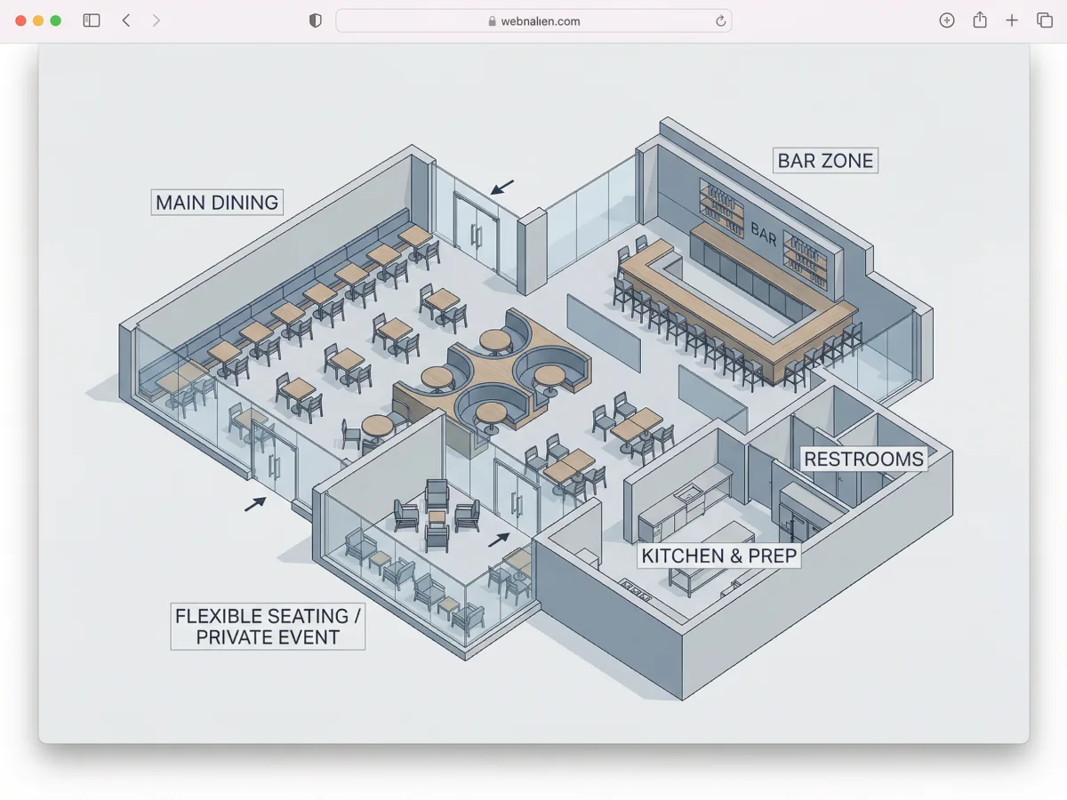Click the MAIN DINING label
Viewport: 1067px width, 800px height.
click(x=217, y=203)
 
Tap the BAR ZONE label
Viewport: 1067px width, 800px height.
click(x=825, y=160)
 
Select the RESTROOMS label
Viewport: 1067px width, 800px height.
click(x=863, y=459)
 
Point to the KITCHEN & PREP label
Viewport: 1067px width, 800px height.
click(x=719, y=556)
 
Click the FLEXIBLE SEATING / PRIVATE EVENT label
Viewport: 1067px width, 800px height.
click(x=268, y=627)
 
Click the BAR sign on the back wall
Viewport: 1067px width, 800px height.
click(x=763, y=235)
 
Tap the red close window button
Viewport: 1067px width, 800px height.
click(x=20, y=20)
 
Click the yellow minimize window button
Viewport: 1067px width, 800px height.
click(x=38, y=20)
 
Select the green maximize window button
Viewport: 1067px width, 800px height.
click(x=55, y=20)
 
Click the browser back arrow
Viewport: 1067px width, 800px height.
click(x=126, y=20)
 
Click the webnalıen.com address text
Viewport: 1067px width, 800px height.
click(x=540, y=21)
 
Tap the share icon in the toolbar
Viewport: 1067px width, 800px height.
click(x=980, y=20)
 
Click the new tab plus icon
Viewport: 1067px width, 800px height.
click(x=1012, y=20)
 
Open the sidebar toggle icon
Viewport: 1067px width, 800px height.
click(x=92, y=20)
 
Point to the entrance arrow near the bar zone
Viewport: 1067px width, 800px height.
click(x=501, y=187)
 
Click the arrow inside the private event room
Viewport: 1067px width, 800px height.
click(x=499, y=540)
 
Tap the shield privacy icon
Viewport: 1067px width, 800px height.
click(x=315, y=20)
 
